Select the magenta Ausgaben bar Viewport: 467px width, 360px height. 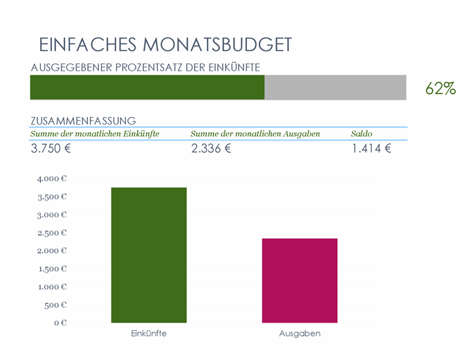(300, 280)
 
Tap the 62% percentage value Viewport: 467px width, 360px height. (440, 89)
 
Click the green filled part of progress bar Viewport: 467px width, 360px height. (147, 88)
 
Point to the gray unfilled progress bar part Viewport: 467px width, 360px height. (336, 88)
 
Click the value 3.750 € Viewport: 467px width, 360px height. (51, 148)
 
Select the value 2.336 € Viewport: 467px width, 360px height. (211, 148)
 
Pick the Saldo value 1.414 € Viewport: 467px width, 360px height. (372, 148)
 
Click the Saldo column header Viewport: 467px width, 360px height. (361, 134)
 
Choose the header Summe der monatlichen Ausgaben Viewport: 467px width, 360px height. (255, 134)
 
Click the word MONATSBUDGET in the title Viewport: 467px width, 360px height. (217, 45)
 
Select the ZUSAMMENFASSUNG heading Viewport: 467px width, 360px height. (83, 120)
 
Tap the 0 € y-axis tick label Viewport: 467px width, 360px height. (60, 323)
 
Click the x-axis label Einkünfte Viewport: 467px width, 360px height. (149, 334)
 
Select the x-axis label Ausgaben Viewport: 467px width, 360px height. (300, 334)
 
